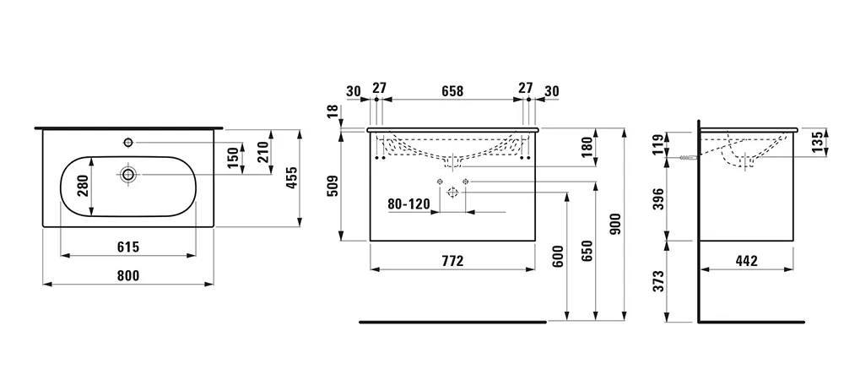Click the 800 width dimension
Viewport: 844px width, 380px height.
pyautogui.click(x=127, y=274)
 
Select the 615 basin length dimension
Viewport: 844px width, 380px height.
pyautogui.click(x=127, y=247)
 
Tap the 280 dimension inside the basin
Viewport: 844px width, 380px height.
pyautogui.click(x=83, y=185)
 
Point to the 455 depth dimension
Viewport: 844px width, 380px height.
pyautogui.click(x=289, y=179)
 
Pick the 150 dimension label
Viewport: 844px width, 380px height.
pyautogui.click(x=232, y=156)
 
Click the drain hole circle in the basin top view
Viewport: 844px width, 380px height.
pyautogui.click(x=128, y=174)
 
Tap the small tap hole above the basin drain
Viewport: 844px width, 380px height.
pyautogui.click(x=128, y=140)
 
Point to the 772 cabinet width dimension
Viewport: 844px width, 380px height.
pyautogui.click(x=452, y=261)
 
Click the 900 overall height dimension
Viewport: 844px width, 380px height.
pyautogui.click(x=614, y=224)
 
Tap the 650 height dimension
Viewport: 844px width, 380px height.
pyautogui.click(x=587, y=251)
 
